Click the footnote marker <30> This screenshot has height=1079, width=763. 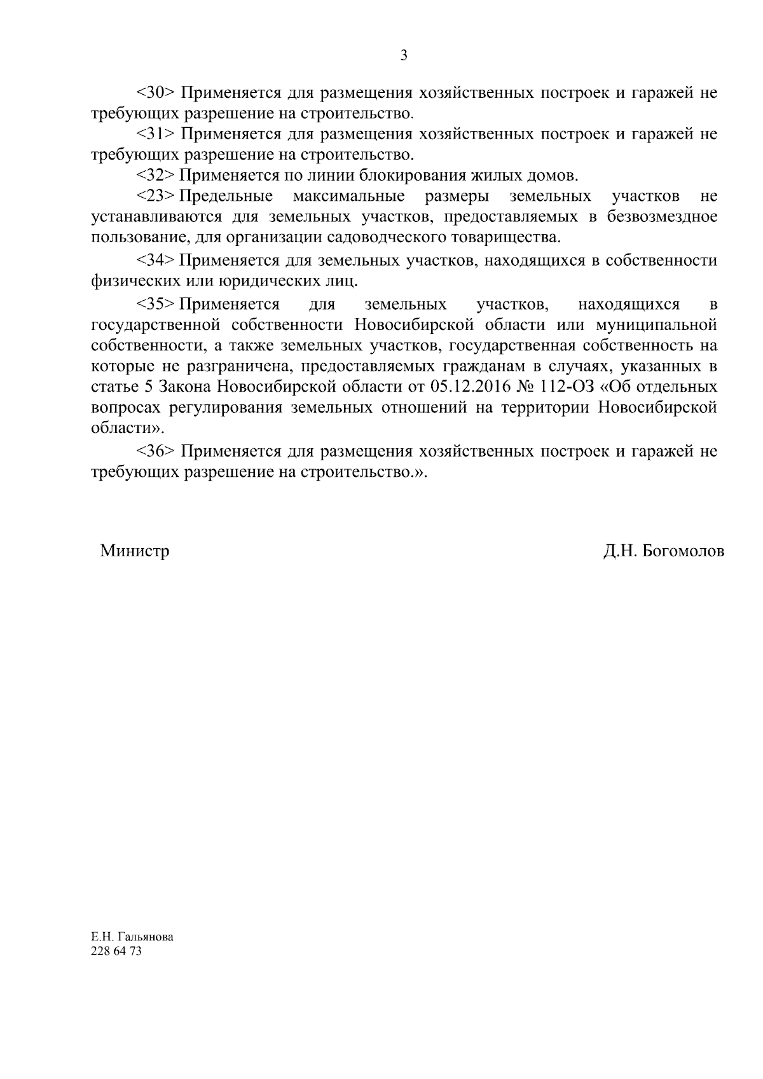pos(156,93)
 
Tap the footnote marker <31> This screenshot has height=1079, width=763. pos(156,134)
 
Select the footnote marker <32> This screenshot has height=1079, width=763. pos(156,175)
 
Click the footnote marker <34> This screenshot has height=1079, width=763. pos(156,260)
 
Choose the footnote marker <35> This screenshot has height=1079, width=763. pos(156,305)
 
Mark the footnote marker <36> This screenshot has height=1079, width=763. pos(156,451)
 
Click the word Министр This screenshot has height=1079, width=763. pos(135,551)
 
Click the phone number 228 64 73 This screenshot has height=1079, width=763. pos(117,952)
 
